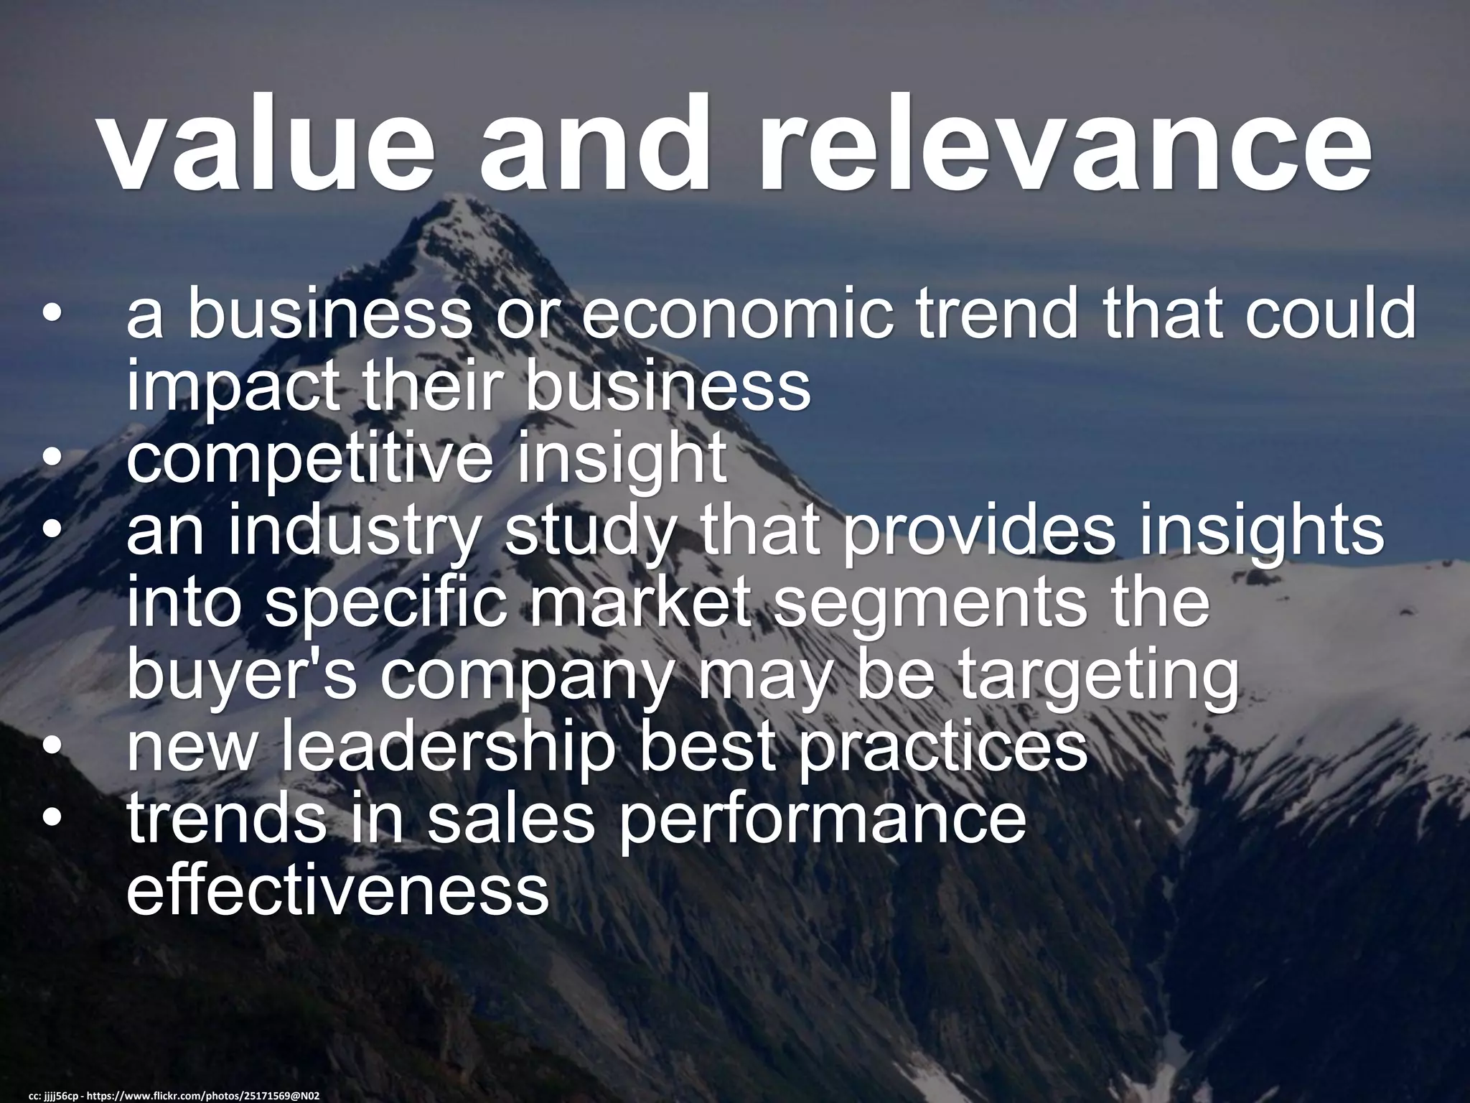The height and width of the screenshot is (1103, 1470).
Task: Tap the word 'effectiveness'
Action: pos(338,891)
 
